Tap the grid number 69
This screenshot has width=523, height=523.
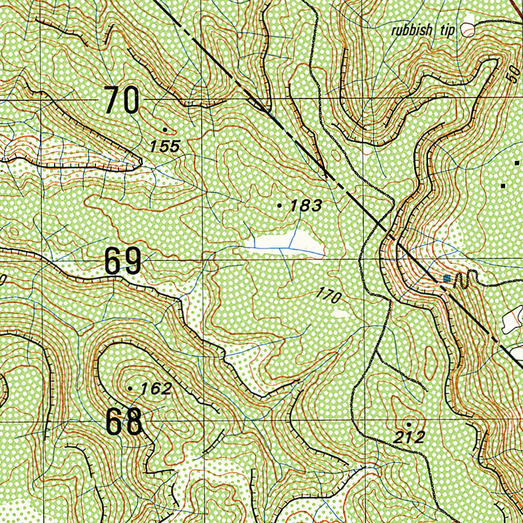(x=123, y=261)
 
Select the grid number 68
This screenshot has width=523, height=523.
(x=124, y=422)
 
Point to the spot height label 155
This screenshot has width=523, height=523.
(x=165, y=147)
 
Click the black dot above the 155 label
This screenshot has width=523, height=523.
(x=164, y=129)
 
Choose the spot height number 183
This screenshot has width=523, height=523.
(x=306, y=206)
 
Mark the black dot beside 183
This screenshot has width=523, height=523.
(x=279, y=205)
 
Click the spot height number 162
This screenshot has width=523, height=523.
(x=156, y=389)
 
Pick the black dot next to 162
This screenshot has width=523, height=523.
(x=130, y=389)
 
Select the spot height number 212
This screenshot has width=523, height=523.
(x=410, y=437)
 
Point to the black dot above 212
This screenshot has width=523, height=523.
(x=409, y=424)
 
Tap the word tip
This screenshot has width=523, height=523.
(x=447, y=30)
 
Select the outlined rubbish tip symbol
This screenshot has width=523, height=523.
(x=467, y=30)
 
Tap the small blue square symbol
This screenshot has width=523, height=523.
(x=447, y=278)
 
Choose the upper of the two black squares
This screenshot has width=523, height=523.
(x=517, y=163)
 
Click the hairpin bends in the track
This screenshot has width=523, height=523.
(x=464, y=279)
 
